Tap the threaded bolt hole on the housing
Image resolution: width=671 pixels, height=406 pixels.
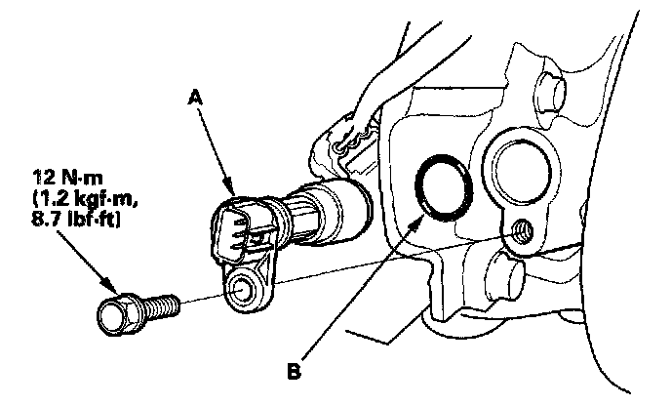coord(520,231)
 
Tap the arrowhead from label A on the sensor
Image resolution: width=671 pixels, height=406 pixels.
coord(233,188)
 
